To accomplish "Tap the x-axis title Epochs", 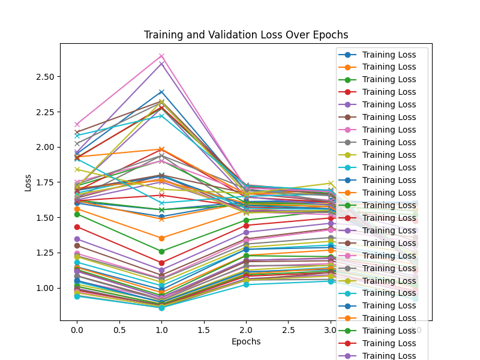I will [246, 341].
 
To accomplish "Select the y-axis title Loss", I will [28, 182].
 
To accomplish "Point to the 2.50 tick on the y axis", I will [44, 77].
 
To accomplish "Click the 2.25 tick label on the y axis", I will [44, 112].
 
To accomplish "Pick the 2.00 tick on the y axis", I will [44, 147].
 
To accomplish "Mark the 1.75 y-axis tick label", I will [44, 182].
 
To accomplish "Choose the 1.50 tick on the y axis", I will [44, 218].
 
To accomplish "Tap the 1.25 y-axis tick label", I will [44, 253].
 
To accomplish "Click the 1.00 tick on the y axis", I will [44, 288].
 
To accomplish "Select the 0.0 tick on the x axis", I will [77, 330].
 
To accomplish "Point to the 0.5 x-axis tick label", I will [119, 330].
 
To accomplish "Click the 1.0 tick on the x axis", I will [161, 330].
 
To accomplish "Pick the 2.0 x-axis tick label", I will [246, 330].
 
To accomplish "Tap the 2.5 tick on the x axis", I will [289, 330].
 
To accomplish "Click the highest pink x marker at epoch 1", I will [161, 56].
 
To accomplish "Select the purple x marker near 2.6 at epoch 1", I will [161, 63].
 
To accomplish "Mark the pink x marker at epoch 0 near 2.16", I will [77, 124].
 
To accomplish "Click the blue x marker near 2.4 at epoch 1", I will [161, 92].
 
